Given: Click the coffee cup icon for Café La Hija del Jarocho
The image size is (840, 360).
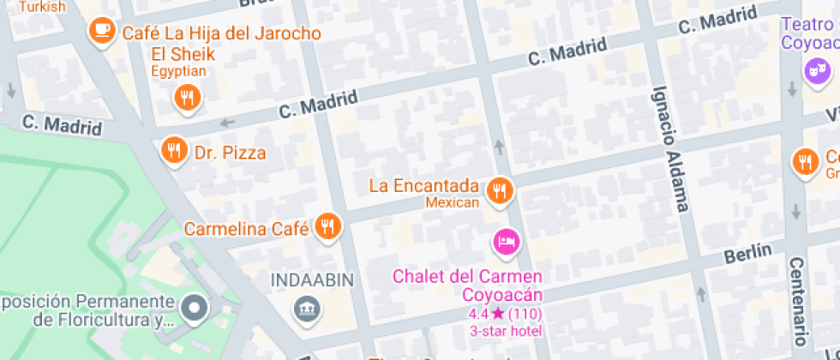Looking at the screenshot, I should click(x=102, y=32).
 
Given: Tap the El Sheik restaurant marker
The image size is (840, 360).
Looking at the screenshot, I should click(x=187, y=98).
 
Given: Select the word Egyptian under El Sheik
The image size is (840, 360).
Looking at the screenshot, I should click(x=181, y=72).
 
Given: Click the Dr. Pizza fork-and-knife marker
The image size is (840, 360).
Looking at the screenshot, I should click(x=175, y=151).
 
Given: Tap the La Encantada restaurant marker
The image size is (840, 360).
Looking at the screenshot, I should click(x=499, y=191).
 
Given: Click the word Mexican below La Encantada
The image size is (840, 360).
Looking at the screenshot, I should click(x=452, y=202).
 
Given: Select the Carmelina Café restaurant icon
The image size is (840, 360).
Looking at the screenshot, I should click(x=327, y=226).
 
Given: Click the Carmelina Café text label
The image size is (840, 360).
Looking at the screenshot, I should click(x=247, y=229).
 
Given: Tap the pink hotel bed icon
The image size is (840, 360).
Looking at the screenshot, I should click(x=506, y=242).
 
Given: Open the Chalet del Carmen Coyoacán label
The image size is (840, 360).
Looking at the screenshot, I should click(x=467, y=285).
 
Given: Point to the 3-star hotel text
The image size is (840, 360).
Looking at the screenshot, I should click(x=505, y=331).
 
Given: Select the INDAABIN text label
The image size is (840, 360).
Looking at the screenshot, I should click(x=308, y=280).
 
